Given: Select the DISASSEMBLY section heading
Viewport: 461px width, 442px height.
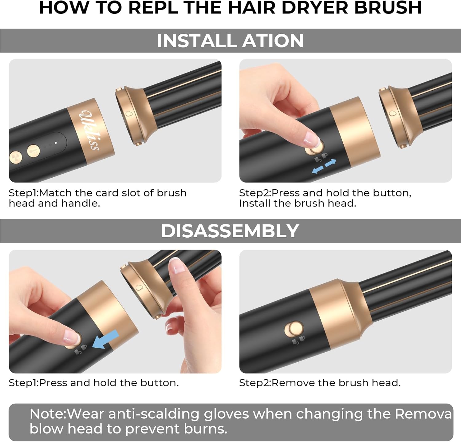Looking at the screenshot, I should tap(230, 231).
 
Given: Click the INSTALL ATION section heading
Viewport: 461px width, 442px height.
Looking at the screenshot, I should tap(230, 41).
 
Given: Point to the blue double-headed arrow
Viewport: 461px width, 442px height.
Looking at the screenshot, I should tap(324, 166).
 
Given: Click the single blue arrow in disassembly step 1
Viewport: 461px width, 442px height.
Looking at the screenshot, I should tap(105, 340).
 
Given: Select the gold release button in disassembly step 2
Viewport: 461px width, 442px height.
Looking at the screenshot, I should tap(294, 329).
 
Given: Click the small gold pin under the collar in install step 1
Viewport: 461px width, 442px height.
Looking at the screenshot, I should tap(138, 143).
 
